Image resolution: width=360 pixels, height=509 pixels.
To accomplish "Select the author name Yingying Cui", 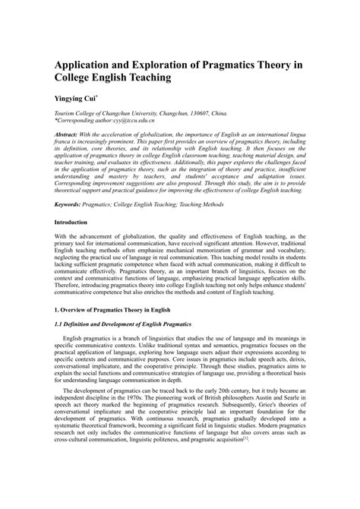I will click(74, 98).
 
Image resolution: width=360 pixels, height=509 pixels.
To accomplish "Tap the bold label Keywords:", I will click(69, 204).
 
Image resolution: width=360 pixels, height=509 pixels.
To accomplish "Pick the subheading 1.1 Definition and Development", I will click(118, 324).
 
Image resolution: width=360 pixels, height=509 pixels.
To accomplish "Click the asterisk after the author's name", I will click(96, 96).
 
